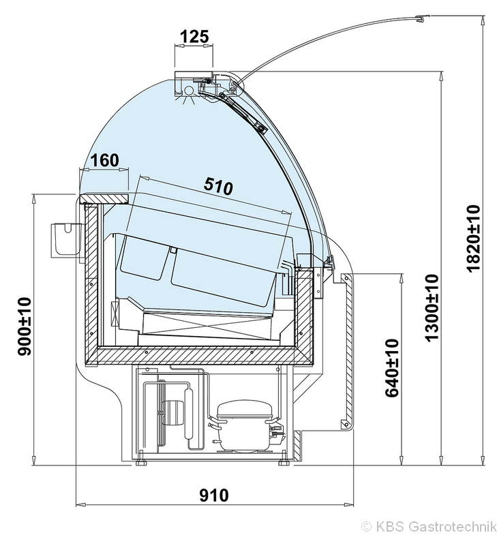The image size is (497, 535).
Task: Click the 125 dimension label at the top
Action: (194, 37)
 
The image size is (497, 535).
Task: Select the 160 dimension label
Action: (105, 160)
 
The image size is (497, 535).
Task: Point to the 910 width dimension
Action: (214, 495)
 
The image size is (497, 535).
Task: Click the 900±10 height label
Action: (25, 326)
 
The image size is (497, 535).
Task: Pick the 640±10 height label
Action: (392, 368)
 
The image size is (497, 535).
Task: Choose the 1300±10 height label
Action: (432, 307)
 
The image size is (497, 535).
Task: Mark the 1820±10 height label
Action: (473, 238)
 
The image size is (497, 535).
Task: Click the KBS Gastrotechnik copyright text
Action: (428, 525)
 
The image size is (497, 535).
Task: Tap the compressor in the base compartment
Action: (244, 426)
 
